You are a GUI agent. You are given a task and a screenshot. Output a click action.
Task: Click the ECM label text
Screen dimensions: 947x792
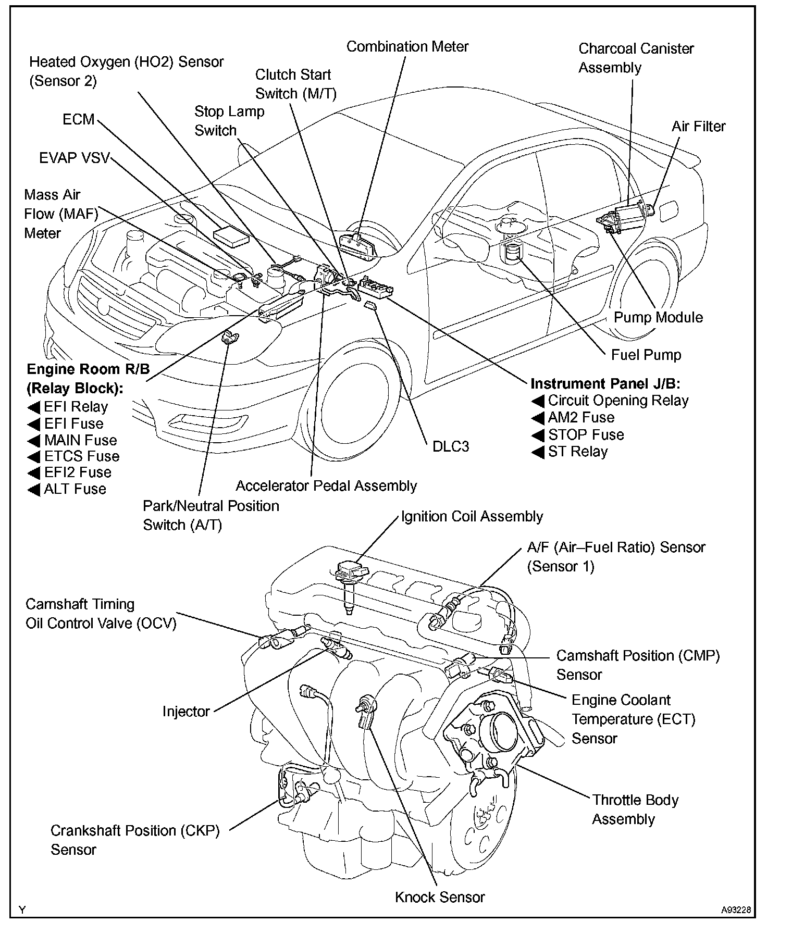(79, 119)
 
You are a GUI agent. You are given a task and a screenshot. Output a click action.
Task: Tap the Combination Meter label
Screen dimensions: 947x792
(407, 46)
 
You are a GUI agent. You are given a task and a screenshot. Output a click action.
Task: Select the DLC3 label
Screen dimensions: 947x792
(451, 446)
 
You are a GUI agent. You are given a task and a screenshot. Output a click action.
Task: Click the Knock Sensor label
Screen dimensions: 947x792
(440, 897)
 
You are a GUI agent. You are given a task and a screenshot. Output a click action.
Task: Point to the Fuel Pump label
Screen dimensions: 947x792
(646, 355)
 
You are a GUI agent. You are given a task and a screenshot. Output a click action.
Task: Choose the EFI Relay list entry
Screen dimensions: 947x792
(76, 407)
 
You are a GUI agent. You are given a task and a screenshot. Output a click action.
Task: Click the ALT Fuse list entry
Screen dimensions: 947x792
(75, 489)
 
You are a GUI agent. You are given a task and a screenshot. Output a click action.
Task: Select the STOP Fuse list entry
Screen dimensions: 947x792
(586, 434)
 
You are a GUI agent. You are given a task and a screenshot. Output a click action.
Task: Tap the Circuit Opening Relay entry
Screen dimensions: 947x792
(618, 401)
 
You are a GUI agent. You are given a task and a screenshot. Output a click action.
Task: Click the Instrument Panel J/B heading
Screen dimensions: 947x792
(605, 384)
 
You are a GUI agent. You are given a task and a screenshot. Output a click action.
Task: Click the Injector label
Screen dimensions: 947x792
(186, 712)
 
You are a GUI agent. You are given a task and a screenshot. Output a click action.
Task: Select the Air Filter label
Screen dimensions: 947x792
(698, 126)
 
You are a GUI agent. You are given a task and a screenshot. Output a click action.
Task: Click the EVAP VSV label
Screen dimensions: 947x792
(75, 158)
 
